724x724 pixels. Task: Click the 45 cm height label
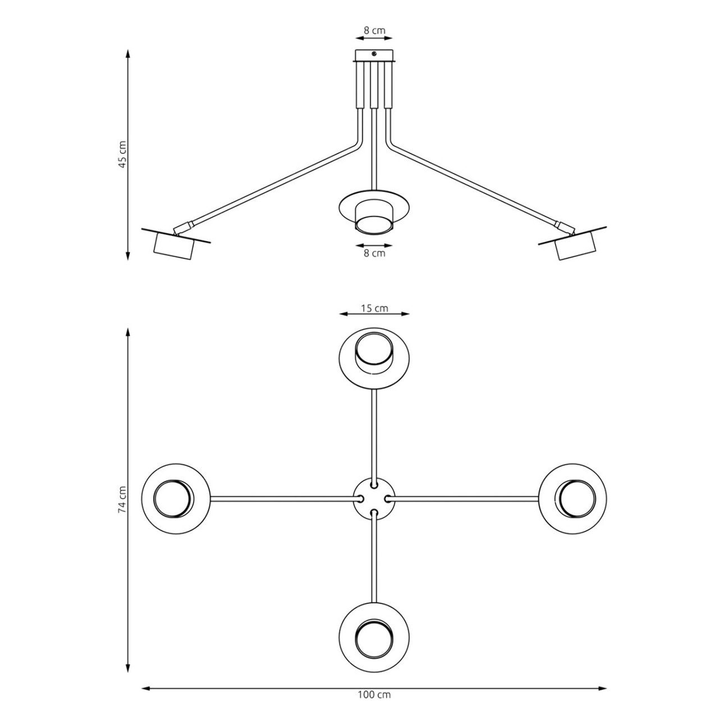[122, 154]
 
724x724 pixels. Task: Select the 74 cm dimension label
[122, 500]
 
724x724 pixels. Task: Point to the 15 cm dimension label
[374, 309]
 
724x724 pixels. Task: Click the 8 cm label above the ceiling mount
[374, 30]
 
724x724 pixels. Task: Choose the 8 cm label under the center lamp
[374, 253]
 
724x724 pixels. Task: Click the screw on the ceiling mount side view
[374, 53]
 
